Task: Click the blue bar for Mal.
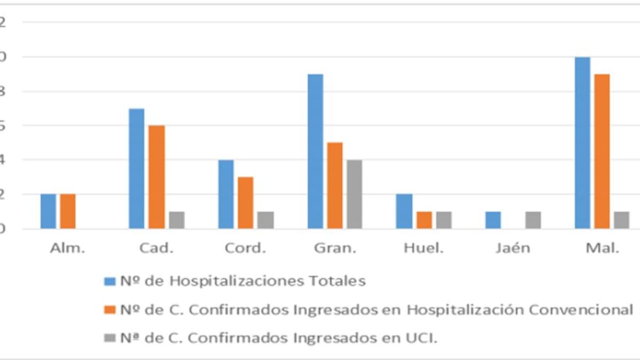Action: (582, 143)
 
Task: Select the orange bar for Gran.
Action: (335, 186)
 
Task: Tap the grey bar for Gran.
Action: (354, 194)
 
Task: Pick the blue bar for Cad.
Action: (137, 169)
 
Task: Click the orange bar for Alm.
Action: (68, 211)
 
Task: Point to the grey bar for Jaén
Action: (533, 220)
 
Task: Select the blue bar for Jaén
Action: (493, 220)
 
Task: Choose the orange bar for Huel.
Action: (424, 220)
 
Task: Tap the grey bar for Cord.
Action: (266, 220)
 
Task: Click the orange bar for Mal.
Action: (602, 151)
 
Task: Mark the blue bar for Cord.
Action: (226, 194)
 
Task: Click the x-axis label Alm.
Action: (68, 249)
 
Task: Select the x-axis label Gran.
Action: (335, 249)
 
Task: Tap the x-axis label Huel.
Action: (424, 249)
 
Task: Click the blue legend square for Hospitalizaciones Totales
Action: (110, 281)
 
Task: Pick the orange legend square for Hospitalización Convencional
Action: (110, 310)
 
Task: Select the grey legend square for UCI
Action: (110, 338)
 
